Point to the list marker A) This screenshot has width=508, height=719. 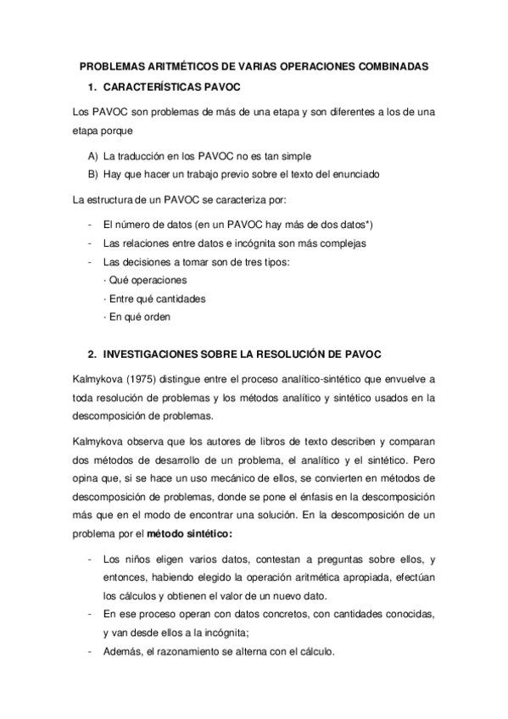92,157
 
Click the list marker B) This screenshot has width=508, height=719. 92,174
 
